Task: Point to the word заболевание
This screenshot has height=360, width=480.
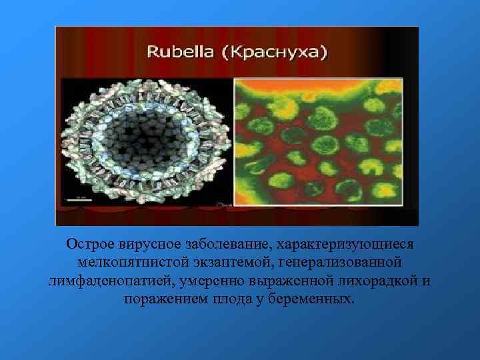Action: (x=224, y=245)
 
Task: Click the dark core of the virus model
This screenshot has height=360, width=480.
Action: (x=148, y=140)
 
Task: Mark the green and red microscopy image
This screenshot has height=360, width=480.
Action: (x=318, y=141)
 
